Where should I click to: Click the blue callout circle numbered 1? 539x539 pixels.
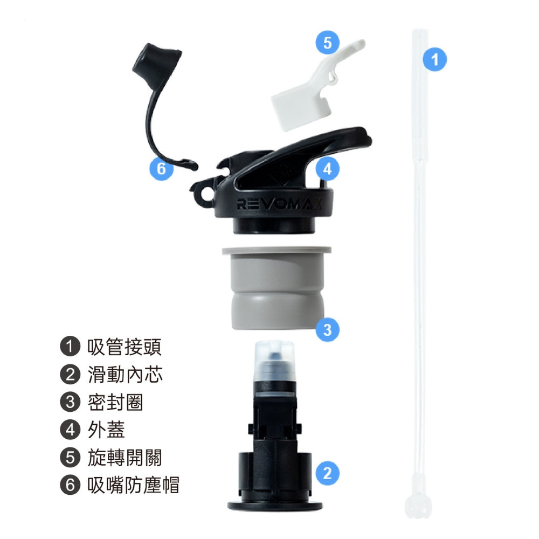434,59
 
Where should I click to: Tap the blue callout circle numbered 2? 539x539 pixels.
327,473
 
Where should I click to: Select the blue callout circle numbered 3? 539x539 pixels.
327,329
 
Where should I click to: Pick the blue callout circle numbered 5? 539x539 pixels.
327,43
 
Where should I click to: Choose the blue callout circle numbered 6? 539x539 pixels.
161,168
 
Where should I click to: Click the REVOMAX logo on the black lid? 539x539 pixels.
279,204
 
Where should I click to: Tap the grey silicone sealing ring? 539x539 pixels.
277,288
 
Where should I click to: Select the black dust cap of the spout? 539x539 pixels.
157,61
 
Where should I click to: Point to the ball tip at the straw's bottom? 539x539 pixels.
418,506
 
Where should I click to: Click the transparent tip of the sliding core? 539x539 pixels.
274,360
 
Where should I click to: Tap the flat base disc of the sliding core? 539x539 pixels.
275,506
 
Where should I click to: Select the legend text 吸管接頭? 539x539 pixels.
124,347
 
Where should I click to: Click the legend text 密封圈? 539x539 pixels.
115,402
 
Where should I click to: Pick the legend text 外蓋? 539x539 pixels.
106,430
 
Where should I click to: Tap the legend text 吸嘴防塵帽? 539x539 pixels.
133,485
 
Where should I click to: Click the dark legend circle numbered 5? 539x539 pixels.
70,458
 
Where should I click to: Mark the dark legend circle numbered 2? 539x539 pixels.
70,375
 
